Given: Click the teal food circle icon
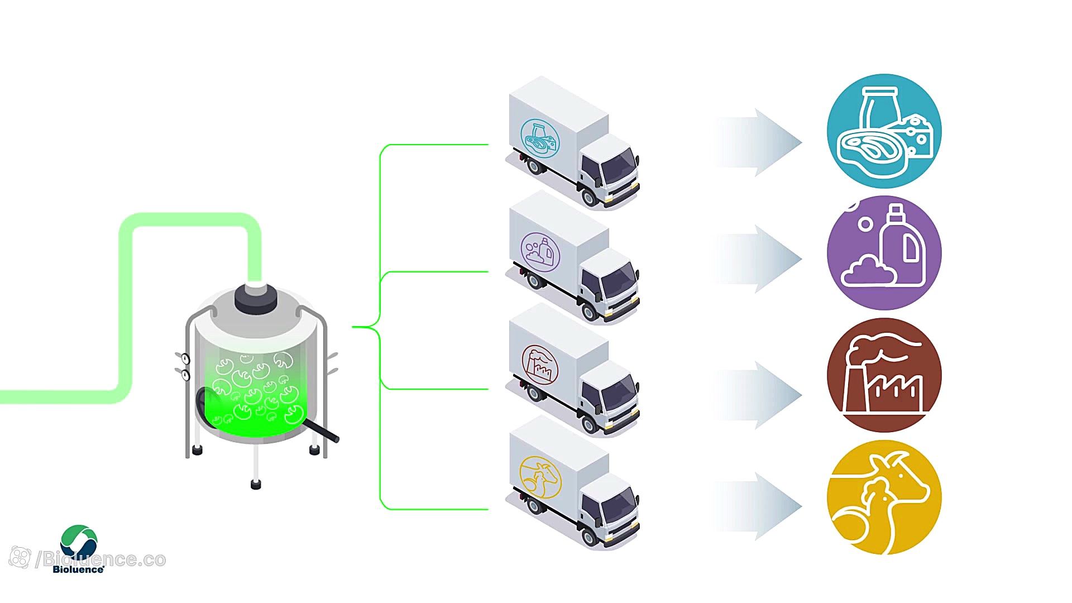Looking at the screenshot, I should [x=884, y=131].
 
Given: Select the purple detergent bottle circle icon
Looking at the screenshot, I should [x=884, y=252].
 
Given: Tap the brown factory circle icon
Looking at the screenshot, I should [x=884, y=375].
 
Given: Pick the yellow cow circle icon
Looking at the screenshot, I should [x=884, y=497].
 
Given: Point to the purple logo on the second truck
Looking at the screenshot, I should [x=540, y=252].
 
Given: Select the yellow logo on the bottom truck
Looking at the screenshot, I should [x=540, y=477].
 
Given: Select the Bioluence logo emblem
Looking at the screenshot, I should [x=79, y=541].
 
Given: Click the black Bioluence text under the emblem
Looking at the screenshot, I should [x=78, y=569].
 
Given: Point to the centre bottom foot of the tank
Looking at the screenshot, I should [x=256, y=484].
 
